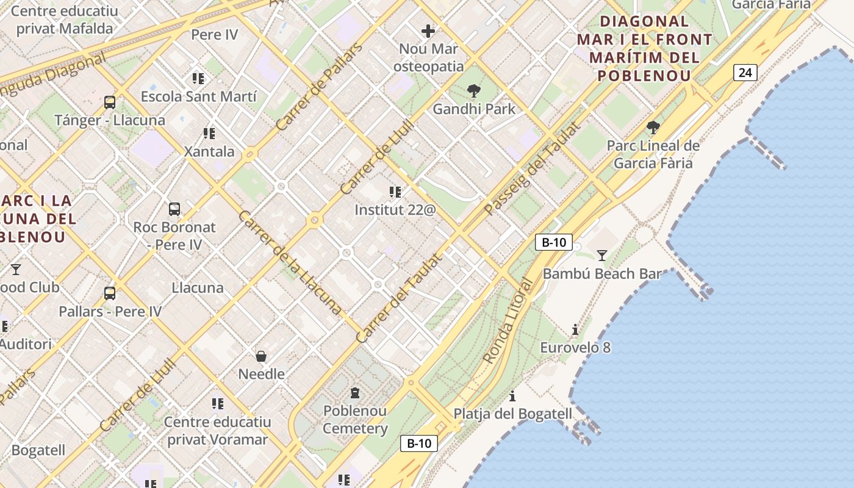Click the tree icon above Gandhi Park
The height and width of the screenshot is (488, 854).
pos(473,91)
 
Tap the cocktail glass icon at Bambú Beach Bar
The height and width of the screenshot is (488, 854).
pos(602,255)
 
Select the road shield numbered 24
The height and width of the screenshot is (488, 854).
pos(745,73)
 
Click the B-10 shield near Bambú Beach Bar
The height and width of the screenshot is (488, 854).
pos(553,242)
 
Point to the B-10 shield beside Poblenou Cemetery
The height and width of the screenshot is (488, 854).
pos(419,443)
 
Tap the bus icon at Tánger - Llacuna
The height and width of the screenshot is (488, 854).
pos(110,102)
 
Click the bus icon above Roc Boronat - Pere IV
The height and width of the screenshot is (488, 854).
pos(174,209)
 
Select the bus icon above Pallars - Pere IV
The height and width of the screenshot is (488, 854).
pos(110,293)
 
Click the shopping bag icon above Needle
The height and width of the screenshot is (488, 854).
pos(261,356)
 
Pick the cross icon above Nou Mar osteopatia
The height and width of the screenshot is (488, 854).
pos(428,30)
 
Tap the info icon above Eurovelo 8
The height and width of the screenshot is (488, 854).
pos(575,330)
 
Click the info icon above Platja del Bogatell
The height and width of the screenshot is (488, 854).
pos(512,396)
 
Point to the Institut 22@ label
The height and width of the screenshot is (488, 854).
pos(395,210)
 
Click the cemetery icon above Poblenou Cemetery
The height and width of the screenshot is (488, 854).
pos(355,393)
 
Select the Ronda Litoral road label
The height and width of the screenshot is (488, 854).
pos(508,321)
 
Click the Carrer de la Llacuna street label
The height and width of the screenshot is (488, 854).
pos(289,262)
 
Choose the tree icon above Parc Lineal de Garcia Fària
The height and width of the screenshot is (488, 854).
pos(653,127)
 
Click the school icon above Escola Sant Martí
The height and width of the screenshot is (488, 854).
pos(198,79)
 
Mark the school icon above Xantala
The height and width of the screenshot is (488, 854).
pos(209,133)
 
